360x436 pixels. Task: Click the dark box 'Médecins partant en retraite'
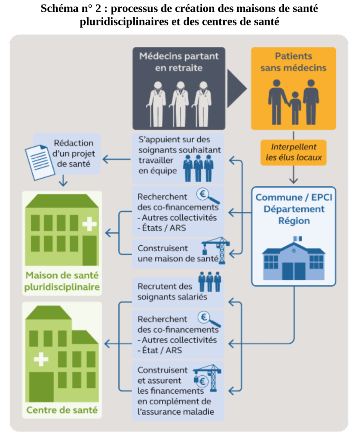(x=178, y=88)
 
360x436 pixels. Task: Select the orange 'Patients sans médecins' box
(x=293, y=88)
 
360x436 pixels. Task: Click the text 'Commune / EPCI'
(x=294, y=198)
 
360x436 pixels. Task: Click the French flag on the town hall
(x=297, y=239)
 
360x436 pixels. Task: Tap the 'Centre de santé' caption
(x=62, y=410)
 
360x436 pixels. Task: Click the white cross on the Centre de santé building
(x=41, y=359)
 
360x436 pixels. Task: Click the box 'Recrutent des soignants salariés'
(x=178, y=292)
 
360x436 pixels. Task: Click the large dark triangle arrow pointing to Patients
(x=236, y=89)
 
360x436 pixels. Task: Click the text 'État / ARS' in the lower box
(x=160, y=350)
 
